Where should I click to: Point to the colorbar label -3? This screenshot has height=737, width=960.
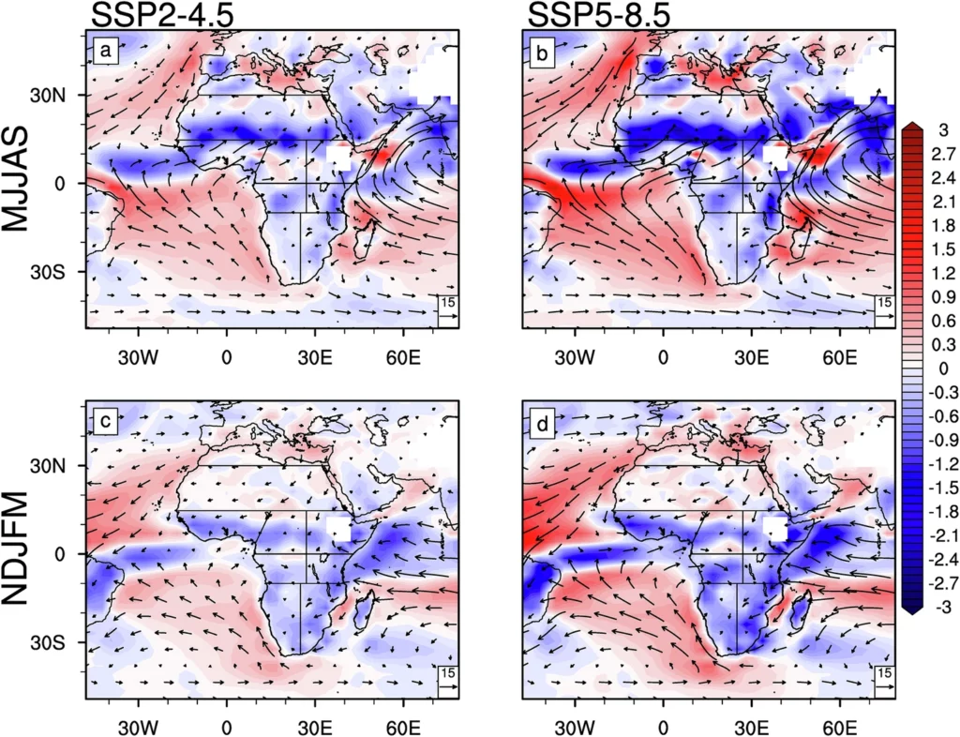pyautogui.click(x=937, y=608)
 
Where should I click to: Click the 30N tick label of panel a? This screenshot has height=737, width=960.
pyautogui.click(x=68, y=96)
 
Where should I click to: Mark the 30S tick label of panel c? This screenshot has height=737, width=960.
pyautogui.click(x=68, y=642)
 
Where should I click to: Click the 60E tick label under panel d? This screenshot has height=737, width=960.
pyautogui.click(x=840, y=727)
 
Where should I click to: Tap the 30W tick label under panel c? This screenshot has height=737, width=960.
pyautogui.click(x=138, y=727)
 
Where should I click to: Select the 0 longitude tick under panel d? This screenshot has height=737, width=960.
pyautogui.click(x=663, y=727)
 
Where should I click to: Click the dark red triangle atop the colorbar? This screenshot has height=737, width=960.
pyautogui.click(x=910, y=128)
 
